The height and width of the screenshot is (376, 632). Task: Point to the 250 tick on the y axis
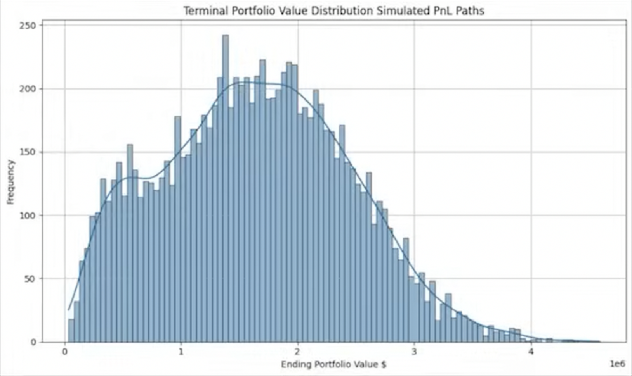click(30, 26)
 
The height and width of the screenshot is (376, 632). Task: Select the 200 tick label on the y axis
click(30, 89)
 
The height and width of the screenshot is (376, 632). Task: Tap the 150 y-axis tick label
click(30, 152)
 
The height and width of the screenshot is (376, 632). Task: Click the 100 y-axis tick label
click(30, 216)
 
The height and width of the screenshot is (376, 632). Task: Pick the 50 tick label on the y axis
click(32, 279)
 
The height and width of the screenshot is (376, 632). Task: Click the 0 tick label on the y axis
click(34, 342)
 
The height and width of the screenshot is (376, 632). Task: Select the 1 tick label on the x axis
click(181, 352)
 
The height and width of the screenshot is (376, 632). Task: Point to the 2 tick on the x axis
click(298, 352)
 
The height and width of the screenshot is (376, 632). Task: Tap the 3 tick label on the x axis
click(414, 352)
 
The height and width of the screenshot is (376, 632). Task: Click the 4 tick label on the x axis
click(531, 352)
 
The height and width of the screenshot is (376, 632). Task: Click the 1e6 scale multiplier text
click(617, 364)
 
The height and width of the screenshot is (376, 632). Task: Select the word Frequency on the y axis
click(10, 182)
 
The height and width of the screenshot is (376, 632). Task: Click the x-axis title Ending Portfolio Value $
click(333, 364)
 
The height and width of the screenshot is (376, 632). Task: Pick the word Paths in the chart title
click(470, 10)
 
